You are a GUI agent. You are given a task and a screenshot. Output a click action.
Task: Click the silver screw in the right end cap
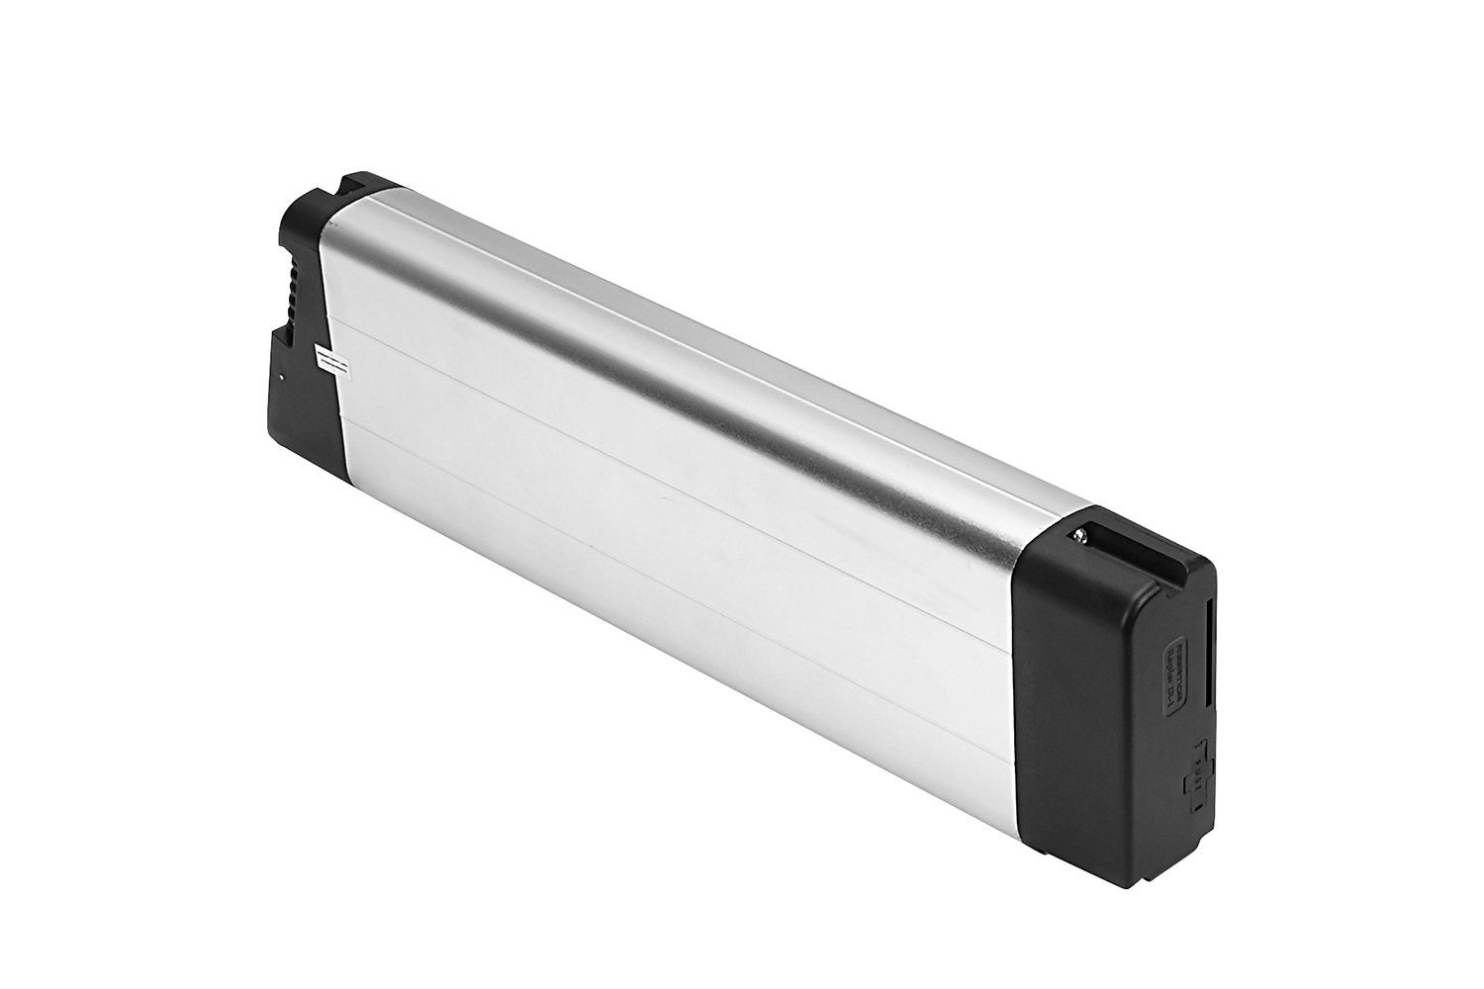pyautogui.click(x=1080, y=537)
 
